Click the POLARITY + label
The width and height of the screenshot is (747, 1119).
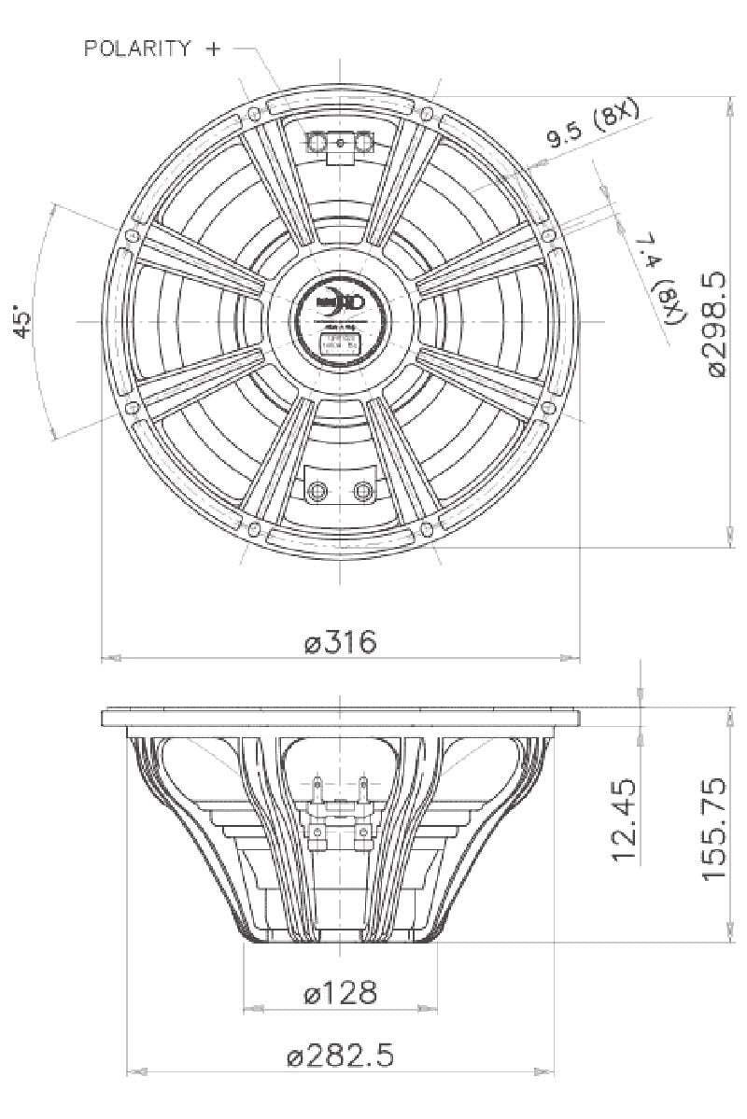(153, 49)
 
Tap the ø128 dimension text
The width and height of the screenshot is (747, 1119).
(341, 994)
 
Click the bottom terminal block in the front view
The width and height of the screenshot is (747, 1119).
(341, 488)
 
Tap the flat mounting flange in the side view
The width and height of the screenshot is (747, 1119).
(340, 717)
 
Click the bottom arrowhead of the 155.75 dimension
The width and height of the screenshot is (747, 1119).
(728, 935)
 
